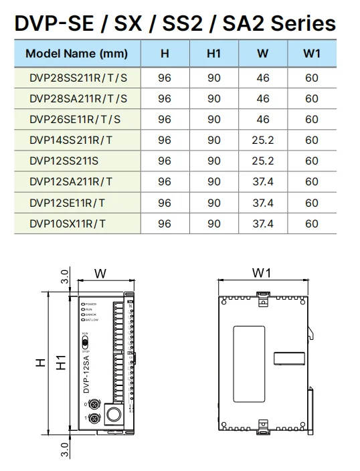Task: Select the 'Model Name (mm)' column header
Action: (x=76, y=54)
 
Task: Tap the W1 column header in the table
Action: (x=312, y=54)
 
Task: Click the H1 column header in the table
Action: (x=213, y=54)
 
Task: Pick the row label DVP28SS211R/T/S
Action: (x=78, y=78)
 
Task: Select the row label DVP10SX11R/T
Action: (x=67, y=223)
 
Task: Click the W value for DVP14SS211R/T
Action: (x=262, y=140)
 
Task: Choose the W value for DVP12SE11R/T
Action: (x=262, y=203)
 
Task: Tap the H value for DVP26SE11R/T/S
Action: (x=165, y=120)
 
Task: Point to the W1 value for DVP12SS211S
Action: (x=312, y=161)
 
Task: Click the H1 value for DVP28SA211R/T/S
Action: (x=213, y=99)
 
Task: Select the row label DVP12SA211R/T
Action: (x=71, y=182)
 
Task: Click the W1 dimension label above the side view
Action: (x=262, y=273)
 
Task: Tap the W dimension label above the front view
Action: (x=100, y=273)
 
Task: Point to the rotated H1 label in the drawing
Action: (x=62, y=362)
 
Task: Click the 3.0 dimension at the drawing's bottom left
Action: (x=65, y=449)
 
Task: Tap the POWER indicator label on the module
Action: (x=92, y=304)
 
